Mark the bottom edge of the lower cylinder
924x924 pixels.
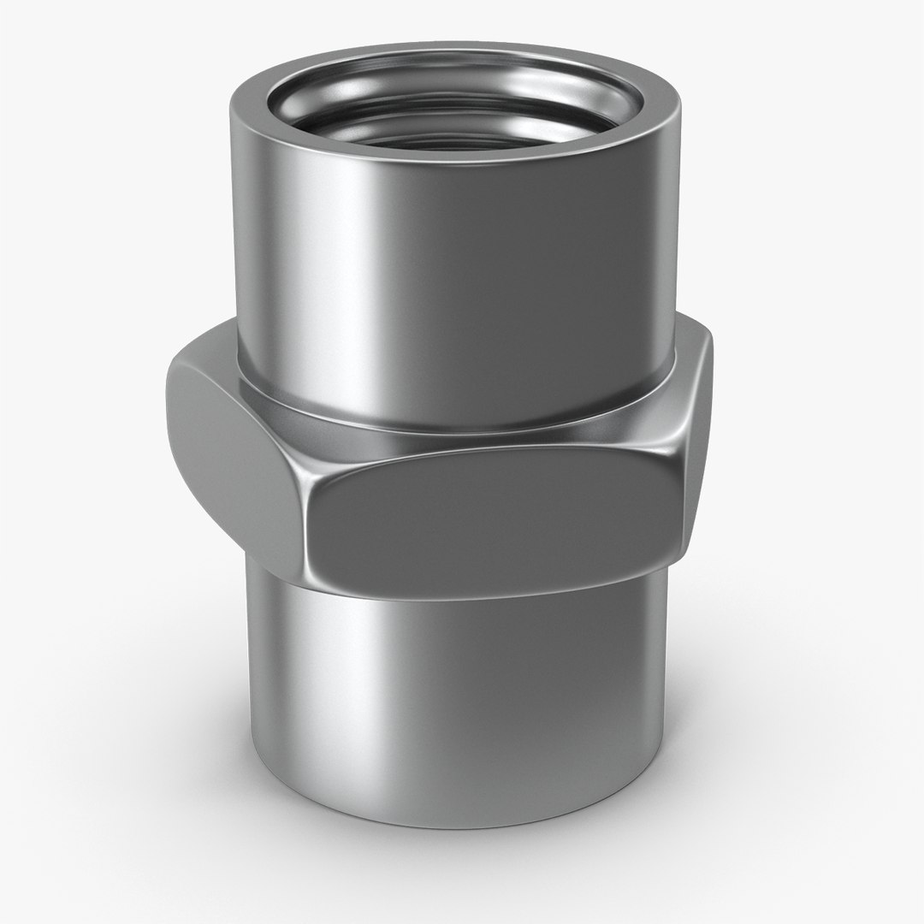(453, 826)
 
